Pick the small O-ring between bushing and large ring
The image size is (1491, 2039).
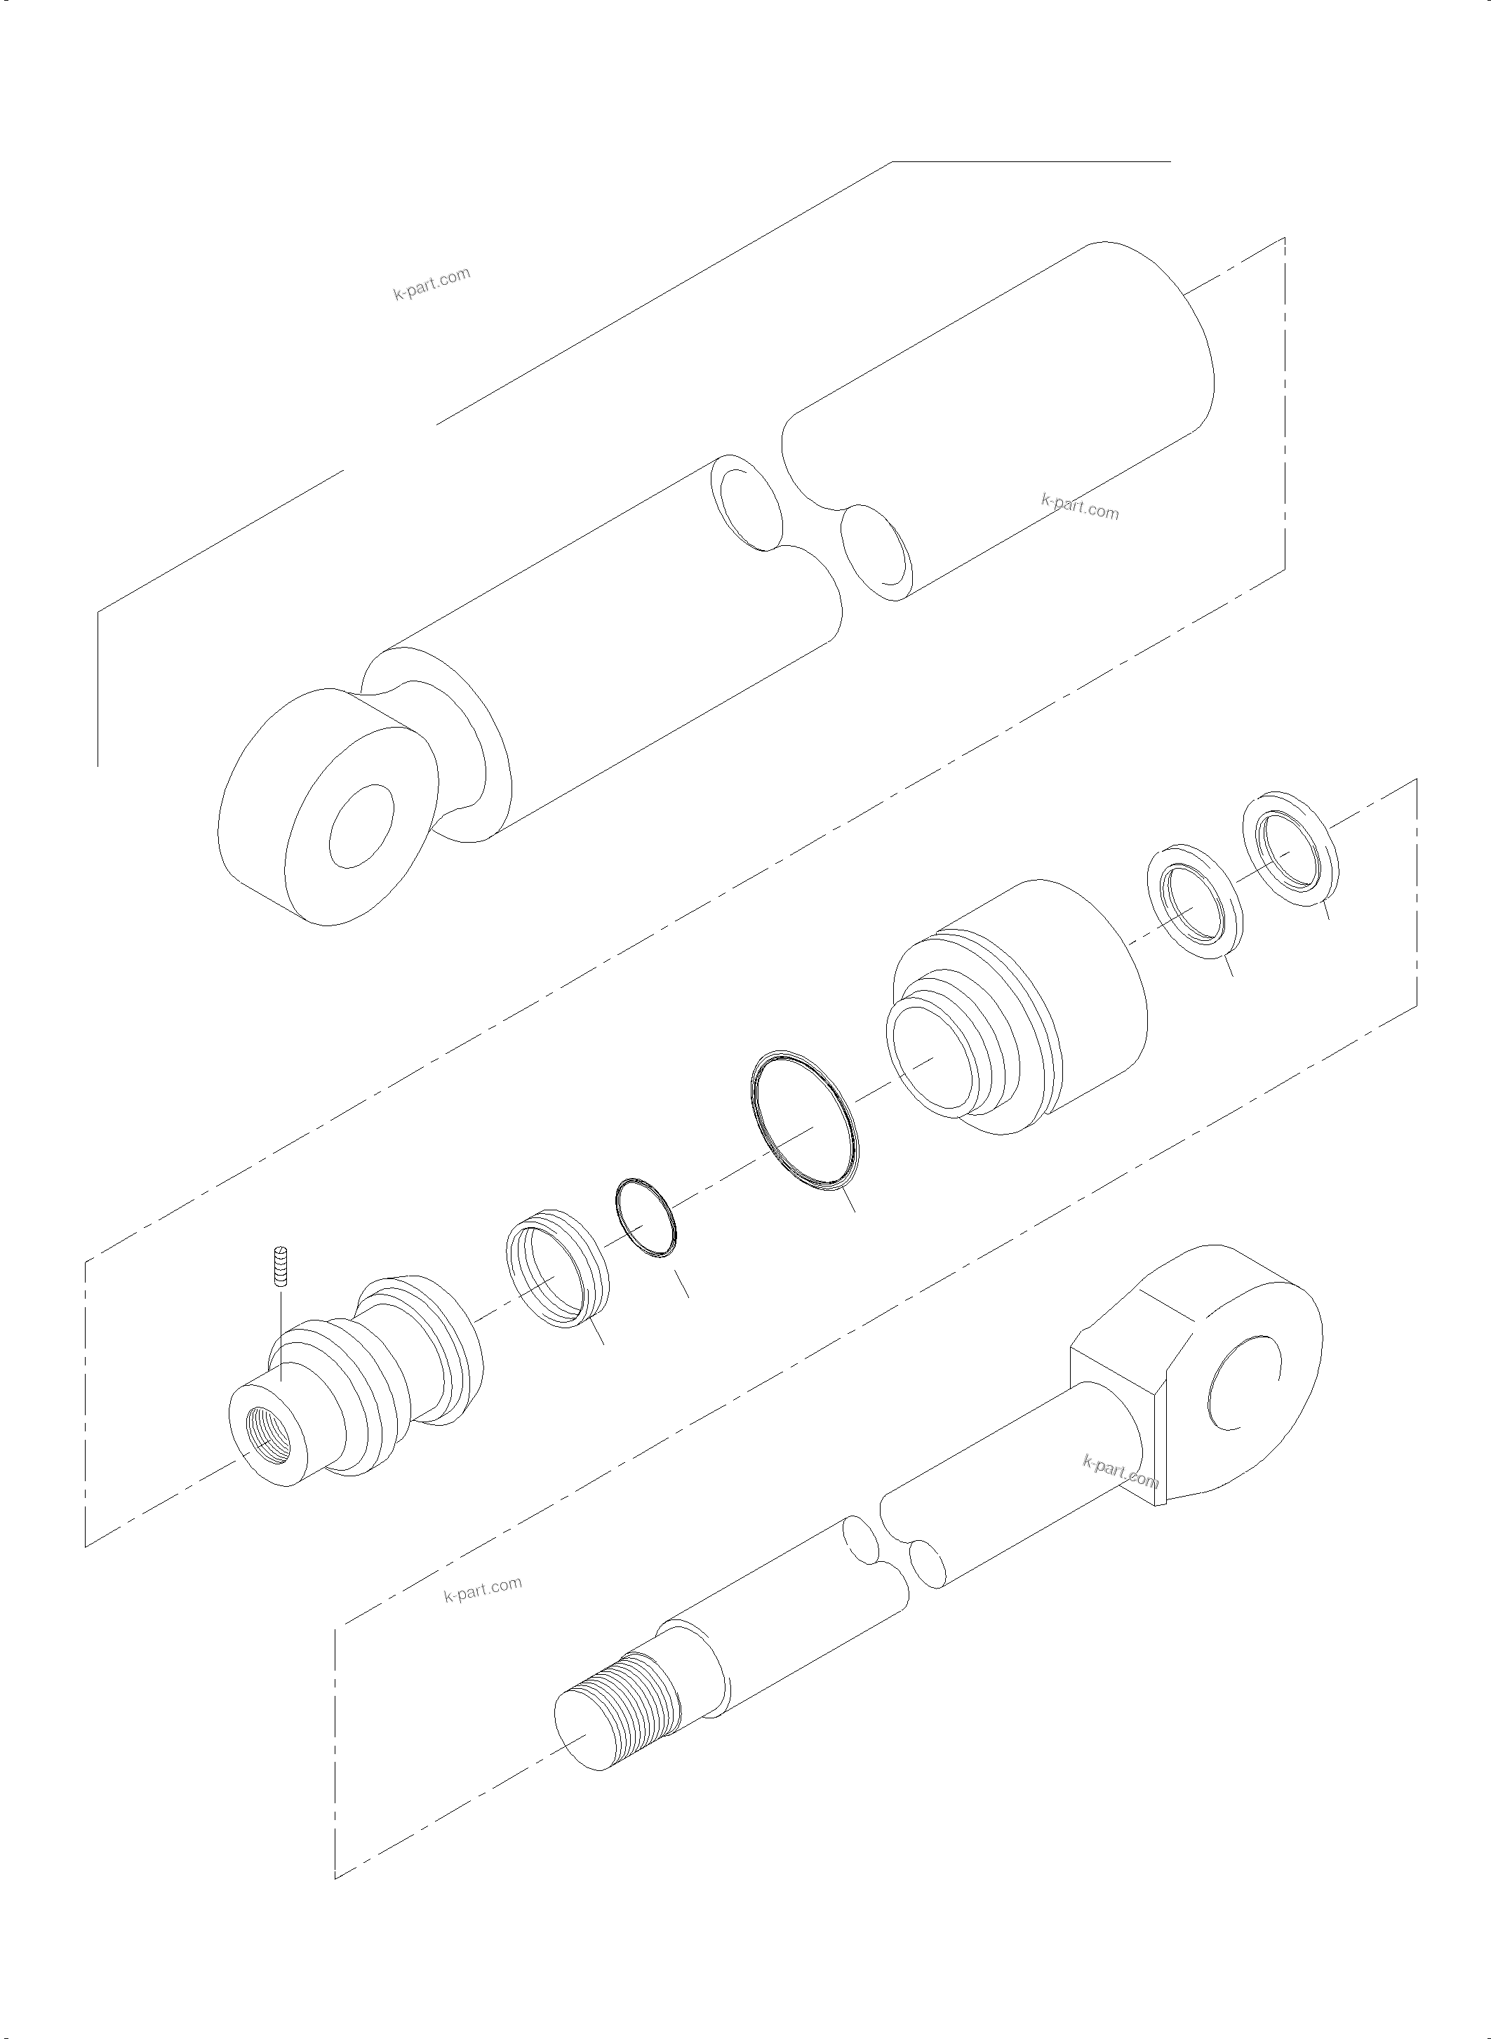(644, 1217)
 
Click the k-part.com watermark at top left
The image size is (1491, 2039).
(432, 283)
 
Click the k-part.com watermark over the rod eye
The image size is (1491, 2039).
(1119, 1472)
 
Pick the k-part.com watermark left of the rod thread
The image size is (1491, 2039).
(483, 1589)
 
